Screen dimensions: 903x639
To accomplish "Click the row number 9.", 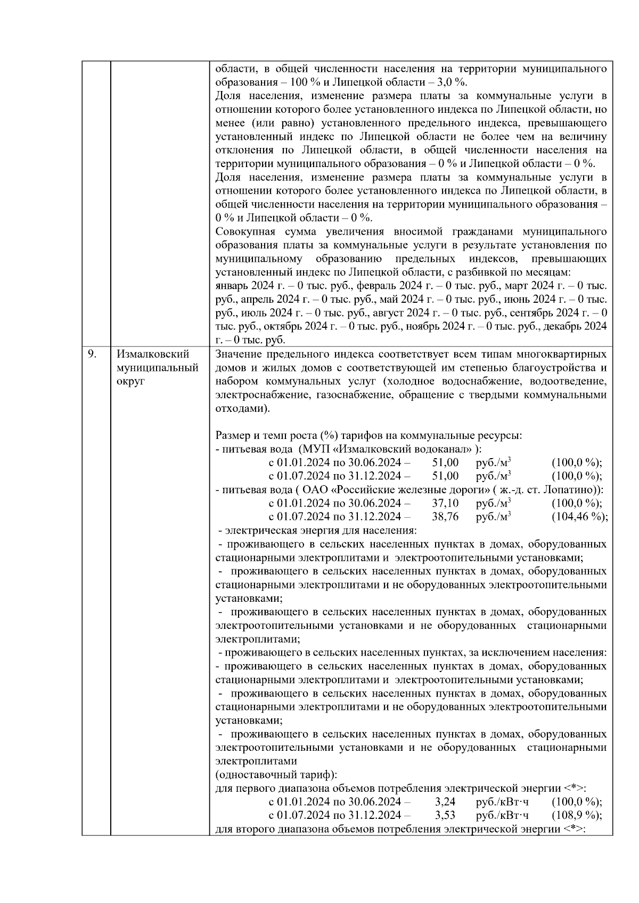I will point(92,354).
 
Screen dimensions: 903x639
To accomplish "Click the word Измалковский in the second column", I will point(153,354).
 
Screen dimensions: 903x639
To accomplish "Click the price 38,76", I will point(446,517).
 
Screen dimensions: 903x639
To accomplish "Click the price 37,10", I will point(446,503).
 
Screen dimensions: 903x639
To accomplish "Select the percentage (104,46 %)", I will point(579,517).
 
